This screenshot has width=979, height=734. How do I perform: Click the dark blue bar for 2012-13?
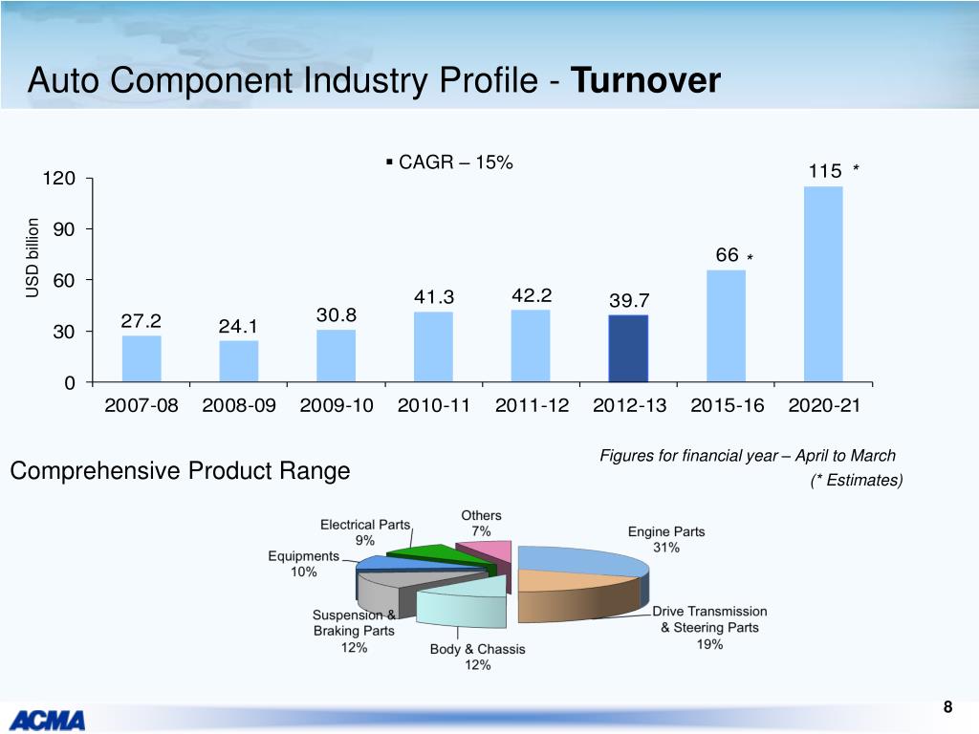[x=629, y=349]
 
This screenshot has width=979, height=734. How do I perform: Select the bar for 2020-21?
[x=823, y=285]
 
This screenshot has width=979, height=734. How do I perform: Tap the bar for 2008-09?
[x=238, y=361]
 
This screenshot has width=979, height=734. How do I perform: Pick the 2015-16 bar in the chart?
[x=726, y=326]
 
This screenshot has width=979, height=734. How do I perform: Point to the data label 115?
[x=824, y=171]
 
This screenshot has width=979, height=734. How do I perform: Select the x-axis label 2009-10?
[x=336, y=405]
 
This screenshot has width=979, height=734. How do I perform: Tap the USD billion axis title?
[x=33, y=258]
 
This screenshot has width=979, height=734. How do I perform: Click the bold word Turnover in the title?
[x=644, y=81]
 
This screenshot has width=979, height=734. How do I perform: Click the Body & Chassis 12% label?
[x=477, y=657]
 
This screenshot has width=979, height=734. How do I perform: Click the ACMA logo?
[x=48, y=718]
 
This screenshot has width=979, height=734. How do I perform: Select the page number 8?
[x=947, y=707]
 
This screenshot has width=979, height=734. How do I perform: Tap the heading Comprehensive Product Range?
[x=180, y=471]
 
